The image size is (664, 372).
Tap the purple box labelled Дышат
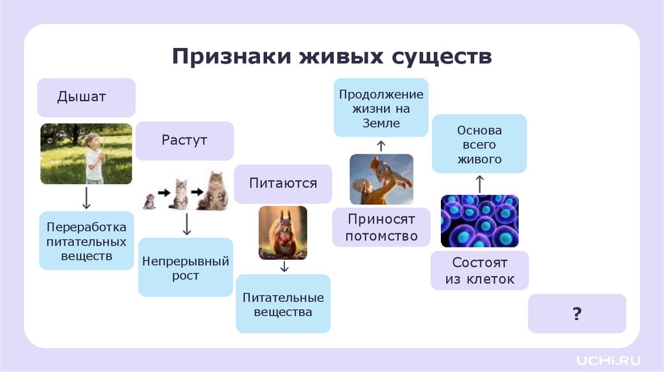click(86, 97)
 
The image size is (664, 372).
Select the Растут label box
click(185, 141)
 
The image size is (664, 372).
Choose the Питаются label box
click(283, 183)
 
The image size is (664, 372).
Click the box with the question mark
click(576, 314)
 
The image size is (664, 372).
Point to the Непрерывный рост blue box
click(185, 268)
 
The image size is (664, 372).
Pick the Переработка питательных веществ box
click(86, 241)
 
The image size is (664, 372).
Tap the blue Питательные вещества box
click(283, 305)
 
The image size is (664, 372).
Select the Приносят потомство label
click(381, 227)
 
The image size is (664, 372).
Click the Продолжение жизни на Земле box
click(381, 108)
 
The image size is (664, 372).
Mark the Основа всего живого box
click(479, 144)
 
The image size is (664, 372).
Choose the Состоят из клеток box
click(480, 271)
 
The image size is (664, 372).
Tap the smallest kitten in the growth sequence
click(149, 202)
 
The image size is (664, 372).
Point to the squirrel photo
click(283, 233)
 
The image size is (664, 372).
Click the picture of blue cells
click(479, 221)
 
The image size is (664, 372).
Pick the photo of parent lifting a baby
click(381, 179)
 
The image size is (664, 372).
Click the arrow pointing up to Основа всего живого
click(479, 184)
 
